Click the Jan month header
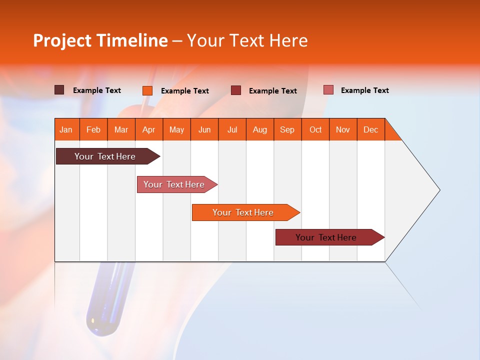pos(66,129)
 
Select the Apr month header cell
pos(149,129)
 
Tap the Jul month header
pos(232,129)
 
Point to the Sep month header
pos(287,129)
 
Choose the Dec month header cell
pos(371,129)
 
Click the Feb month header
pos(93,129)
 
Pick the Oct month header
pos(315,129)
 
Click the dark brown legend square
pos(59,90)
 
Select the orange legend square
pos(147,90)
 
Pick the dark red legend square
pos(236,90)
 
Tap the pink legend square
pos(328,90)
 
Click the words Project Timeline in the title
pos(100,40)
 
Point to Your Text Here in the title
pos(247,40)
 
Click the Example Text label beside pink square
pos(364,90)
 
